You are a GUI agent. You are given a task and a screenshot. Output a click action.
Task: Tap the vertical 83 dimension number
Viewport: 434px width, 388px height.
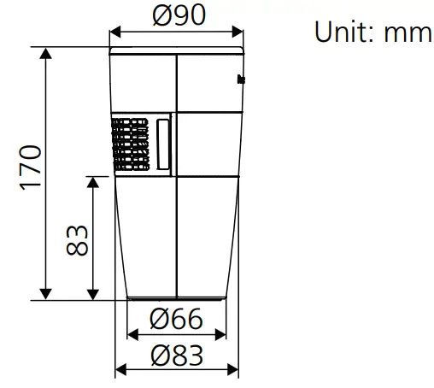[x=77, y=239]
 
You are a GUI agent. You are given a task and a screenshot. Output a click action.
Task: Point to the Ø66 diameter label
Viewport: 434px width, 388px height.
[x=176, y=320]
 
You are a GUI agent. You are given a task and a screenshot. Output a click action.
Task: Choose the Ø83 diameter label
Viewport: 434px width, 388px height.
[x=176, y=353]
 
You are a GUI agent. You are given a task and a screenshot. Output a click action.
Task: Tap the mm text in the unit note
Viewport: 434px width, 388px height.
[x=408, y=32]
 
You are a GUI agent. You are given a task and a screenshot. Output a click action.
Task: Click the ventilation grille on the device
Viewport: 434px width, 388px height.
[x=131, y=143]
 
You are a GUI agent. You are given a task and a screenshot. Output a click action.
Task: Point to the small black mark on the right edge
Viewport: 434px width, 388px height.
[x=240, y=80]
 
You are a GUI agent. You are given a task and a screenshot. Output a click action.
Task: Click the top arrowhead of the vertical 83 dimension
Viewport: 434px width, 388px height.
[x=92, y=180]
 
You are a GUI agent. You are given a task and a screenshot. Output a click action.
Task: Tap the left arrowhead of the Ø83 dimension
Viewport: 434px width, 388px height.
[x=120, y=369]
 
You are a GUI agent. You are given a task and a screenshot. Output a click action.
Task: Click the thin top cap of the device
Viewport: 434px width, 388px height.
[x=176, y=50]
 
